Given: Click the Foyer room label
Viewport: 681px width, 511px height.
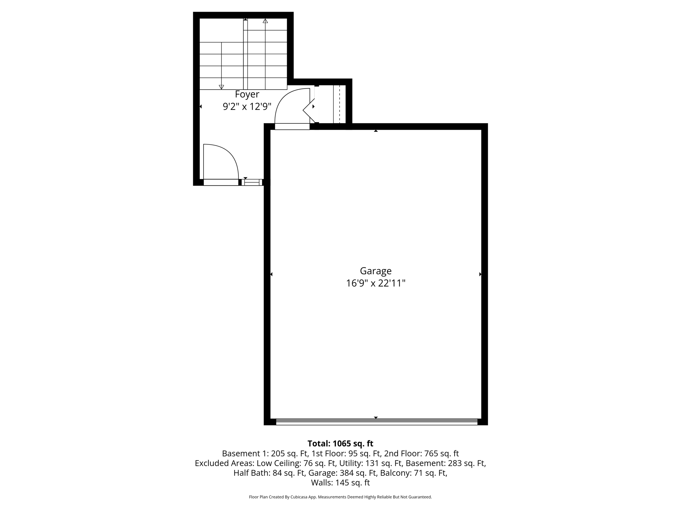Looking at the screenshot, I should (247, 94).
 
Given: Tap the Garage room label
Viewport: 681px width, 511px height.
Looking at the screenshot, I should (376, 271).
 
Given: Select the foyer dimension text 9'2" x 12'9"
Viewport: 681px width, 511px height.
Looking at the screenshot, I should (247, 107).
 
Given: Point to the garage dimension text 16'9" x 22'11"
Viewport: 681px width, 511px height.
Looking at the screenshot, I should (376, 283).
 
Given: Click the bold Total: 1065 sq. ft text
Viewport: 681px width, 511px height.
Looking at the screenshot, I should (340, 443).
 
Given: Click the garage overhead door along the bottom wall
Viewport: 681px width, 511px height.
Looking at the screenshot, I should (376, 422).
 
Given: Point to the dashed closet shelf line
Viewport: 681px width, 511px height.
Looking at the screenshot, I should (340, 104).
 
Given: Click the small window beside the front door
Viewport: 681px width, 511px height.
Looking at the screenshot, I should (252, 182).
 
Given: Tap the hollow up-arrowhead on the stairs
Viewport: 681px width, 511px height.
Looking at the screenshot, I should (265, 21).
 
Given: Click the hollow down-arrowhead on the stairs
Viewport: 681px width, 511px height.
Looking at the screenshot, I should (221, 87).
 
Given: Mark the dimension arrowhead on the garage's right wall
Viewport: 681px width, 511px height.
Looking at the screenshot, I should (480, 274).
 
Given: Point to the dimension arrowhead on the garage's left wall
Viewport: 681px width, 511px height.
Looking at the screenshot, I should (271, 274).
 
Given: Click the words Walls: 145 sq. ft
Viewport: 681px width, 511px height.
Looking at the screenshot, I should (340, 483).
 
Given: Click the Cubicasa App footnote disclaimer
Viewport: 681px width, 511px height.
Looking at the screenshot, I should (340, 497).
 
